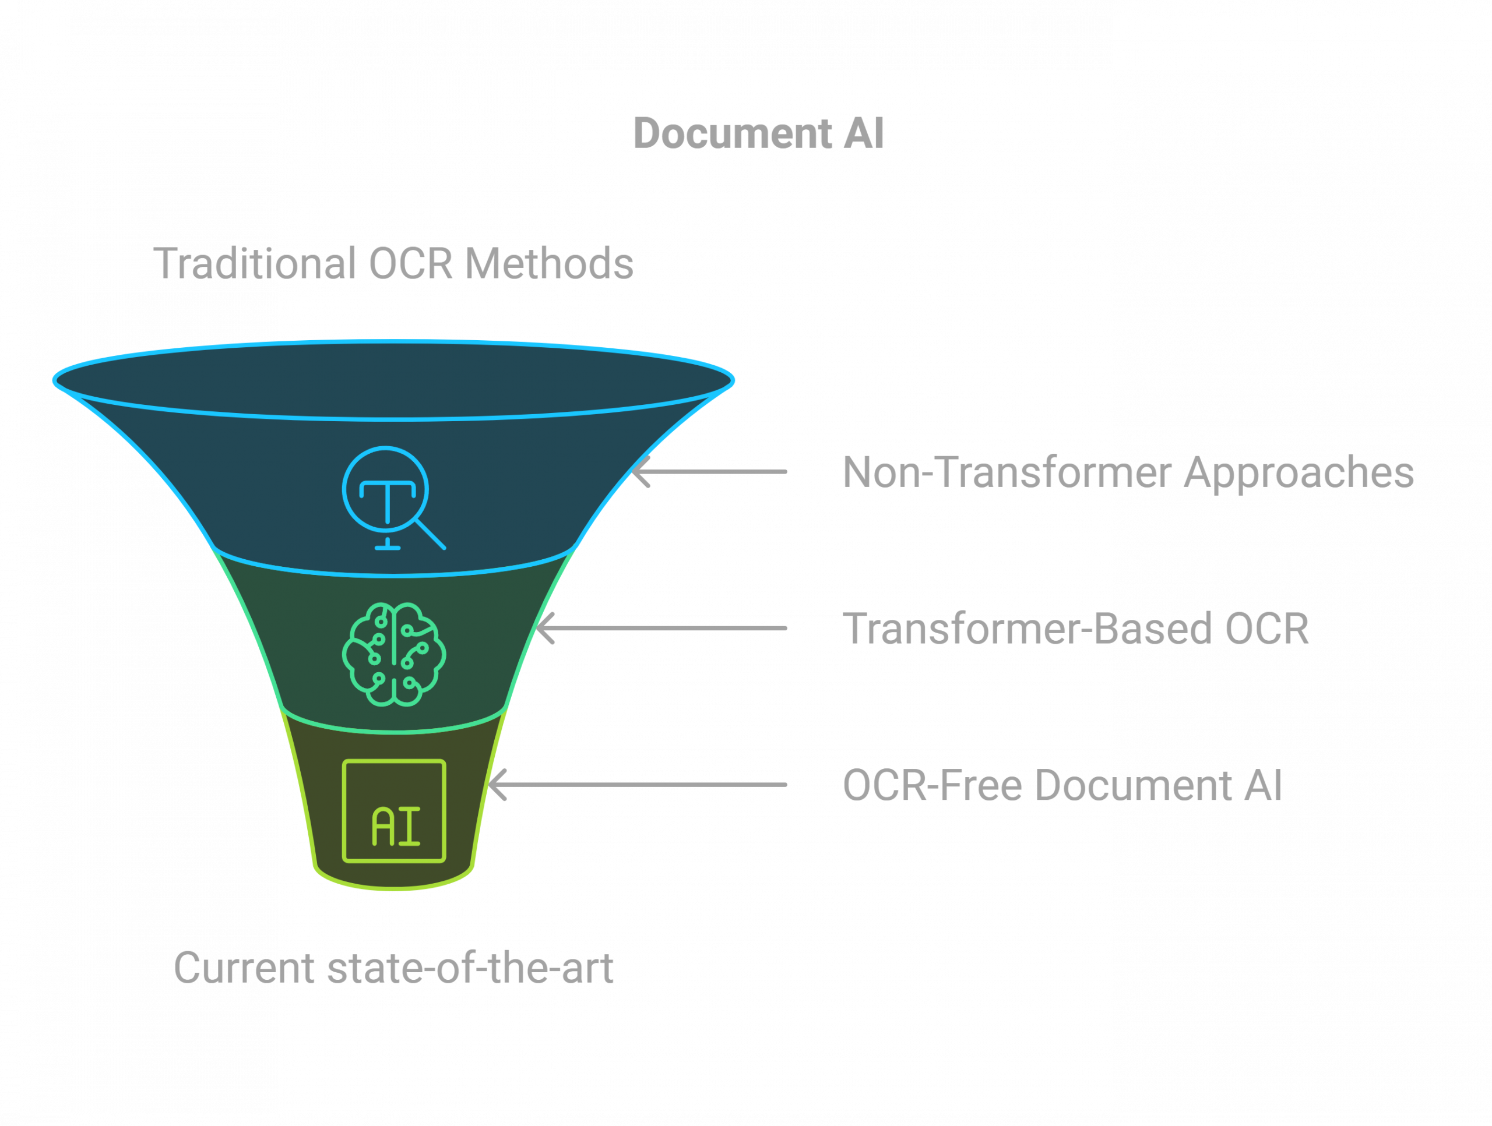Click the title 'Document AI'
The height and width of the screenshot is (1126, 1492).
point(758,133)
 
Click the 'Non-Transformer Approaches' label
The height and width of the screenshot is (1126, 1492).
point(1128,472)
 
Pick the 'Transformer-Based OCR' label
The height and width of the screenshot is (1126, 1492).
point(1076,629)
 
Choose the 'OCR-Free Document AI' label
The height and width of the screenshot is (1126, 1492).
point(1062,785)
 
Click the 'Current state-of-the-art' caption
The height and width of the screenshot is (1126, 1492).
point(393,968)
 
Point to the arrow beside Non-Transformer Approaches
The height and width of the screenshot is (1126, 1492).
point(709,472)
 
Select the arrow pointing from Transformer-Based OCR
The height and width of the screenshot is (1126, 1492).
point(661,629)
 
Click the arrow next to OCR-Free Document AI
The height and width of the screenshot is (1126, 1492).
point(638,785)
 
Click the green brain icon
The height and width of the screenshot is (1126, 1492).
point(394,654)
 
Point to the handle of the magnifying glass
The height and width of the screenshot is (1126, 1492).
point(430,534)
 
